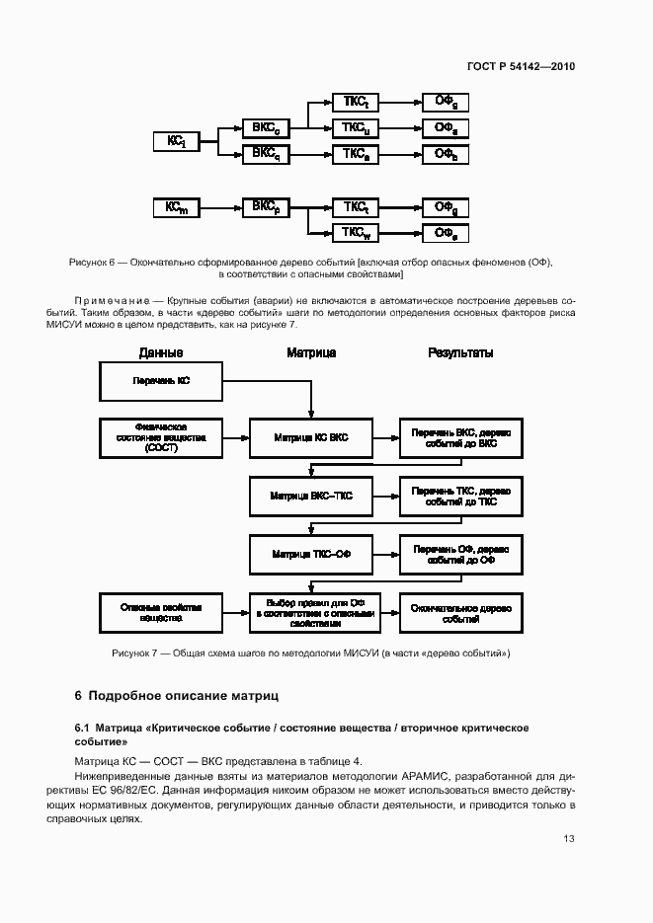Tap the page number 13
click(x=569, y=838)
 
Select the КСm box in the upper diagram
click(x=177, y=207)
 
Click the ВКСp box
click(x=265, y=207)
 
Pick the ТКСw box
click(x=356, y=233)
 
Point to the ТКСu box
click(x=356, y=128)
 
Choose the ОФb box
click(x=446, y=154)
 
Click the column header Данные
click(x=160, y=352)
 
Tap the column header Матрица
click(x=311, y=352)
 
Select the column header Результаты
click(x=460, y=352)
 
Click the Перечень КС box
click(x=161, y=381)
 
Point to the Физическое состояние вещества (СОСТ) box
click(x=161, y=437)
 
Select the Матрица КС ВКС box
click(x=311, y=437)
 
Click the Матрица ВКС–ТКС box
click(x=311, y=497)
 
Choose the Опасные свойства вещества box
click(x=161, y=612)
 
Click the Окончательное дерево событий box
click(x=460, y=612)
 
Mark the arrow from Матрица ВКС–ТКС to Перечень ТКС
click(x=385, y=497)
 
